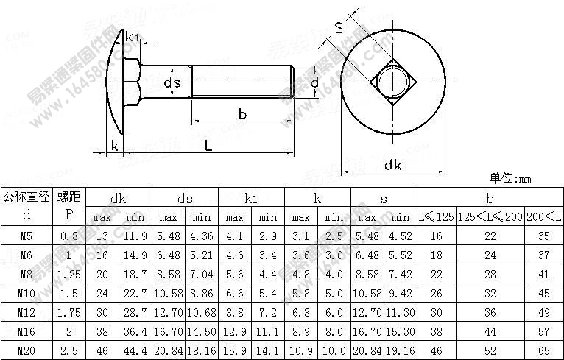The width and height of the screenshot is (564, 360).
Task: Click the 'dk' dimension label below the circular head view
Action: [392, 165]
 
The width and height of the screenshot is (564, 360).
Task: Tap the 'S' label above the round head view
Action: [339, 28]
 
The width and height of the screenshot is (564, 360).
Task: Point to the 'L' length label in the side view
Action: [208, 145]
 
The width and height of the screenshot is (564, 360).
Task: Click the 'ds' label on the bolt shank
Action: [172, 82]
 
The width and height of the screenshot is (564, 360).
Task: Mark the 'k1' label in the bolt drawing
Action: [133, 37]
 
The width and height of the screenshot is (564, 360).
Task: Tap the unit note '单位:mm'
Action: [510, 178]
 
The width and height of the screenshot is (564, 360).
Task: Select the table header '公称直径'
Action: [27, 197]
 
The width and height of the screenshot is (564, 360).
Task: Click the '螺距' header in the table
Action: [69, 197]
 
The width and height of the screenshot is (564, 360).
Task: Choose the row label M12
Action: [27, 313]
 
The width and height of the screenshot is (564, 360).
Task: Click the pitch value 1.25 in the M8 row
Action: [69, 275]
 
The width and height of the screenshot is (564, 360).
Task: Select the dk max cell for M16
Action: [102, 332]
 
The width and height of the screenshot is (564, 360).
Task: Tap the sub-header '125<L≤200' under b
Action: [490, 217]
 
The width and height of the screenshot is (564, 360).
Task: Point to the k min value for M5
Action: [334, 236]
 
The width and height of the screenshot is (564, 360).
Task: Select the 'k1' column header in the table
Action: [251, 198]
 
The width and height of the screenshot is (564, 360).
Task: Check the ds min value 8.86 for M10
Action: [202, 294]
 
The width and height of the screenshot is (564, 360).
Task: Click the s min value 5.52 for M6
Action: [400, 255]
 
